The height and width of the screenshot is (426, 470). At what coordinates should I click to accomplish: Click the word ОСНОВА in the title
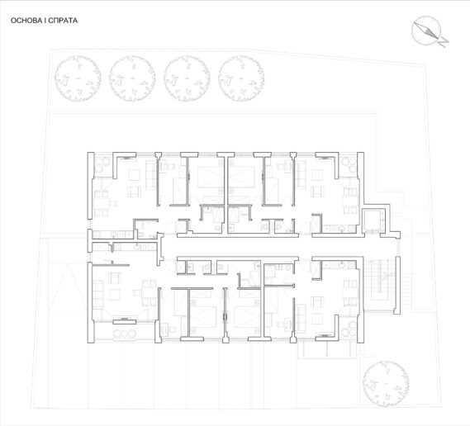pyautogui.click(x=26, y=21)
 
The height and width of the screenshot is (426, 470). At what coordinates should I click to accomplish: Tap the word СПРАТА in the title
pyautogui.click(x=63, y=21)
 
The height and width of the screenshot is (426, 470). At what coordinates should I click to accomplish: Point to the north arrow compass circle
pyautogui.click(x=426, y=31)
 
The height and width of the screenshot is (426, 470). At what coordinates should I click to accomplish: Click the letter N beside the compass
pyautogui.click(x=443, y=41)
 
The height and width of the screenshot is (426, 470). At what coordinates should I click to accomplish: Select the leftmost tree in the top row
pyautogui.click(x=78, y=78)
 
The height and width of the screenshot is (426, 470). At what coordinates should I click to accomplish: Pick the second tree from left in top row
pyautogui.click(x=132, y=78)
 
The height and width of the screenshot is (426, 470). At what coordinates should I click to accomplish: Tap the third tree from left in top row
pyautogui.click(x=187, y=78)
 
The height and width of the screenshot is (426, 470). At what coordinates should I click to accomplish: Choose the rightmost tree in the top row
pyautogui.click(x=241, y=78)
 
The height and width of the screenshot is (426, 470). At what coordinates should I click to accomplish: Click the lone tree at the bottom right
pyautogui.click(x=386, y=384)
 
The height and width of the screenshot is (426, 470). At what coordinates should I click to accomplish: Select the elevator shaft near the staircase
pyautogui.click(x=373, y=222)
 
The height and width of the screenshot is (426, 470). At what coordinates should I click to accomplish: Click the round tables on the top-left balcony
pyautogui.click(x=102, y=166)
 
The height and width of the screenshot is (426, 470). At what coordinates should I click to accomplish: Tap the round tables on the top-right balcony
pyautogui.click(x=349, y=165)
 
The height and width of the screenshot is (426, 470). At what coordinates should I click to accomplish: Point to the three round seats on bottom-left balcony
pyautogui.click(x=126, y=334)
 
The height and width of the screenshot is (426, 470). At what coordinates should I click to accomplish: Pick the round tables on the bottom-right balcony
pyautogui.click(x=349, y=329)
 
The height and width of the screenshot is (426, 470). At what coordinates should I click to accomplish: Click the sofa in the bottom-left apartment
pyautogui.click(x=97, y=295)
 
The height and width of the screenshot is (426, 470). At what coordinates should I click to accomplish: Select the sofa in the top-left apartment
pyautogui.click(x=151, y=175)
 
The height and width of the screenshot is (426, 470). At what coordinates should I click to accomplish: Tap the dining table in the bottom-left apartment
pyautogui.click(x=149, y=293)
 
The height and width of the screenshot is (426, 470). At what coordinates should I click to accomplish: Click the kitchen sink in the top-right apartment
pyautogui.click(x=342, y=230)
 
